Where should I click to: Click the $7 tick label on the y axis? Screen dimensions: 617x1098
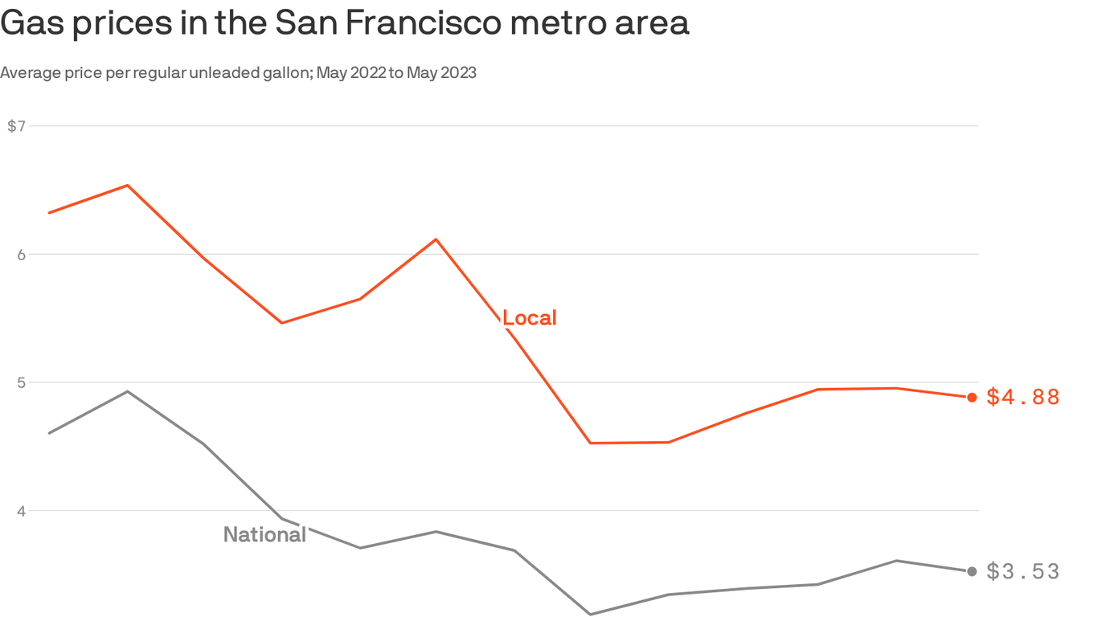click(x=16, y=126)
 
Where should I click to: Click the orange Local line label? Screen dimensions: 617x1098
click(x=530, y=318)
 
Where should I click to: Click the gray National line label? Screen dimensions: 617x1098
click(x=264, y=534)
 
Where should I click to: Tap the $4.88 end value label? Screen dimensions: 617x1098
click(x=1022, y=397)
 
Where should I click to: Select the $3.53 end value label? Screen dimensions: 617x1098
click(x=1022, y=571)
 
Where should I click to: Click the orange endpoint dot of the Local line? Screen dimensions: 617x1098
click(x=972, y=397)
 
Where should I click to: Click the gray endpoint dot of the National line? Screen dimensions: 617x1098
click(x=972, y=571)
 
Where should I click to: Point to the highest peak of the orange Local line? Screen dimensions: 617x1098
click(x=127, y=186)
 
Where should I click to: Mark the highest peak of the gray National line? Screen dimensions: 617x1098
click(x=127, y=391)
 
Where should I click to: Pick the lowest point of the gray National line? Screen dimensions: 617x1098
click(x=591, y=615)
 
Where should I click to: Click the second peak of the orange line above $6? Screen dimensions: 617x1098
click(x=436, y=239)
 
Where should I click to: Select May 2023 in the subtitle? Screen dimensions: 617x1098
click(x=441, y=73)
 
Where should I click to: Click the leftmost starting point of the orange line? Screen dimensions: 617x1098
click(x=50, y=213)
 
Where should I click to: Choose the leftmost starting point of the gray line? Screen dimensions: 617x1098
click(x=50, y=433)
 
